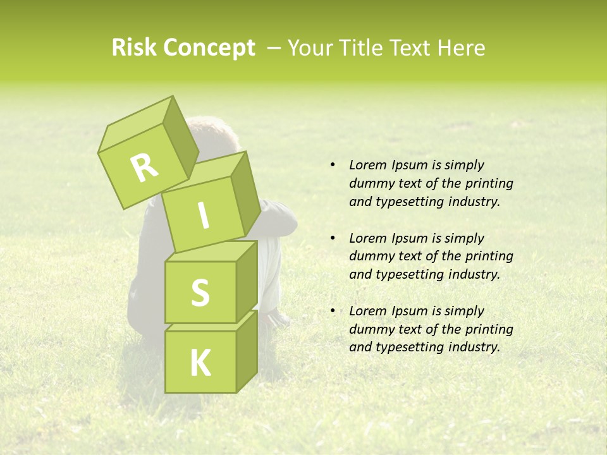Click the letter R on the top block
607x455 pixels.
[145, 167]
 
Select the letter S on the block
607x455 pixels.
[200, 293]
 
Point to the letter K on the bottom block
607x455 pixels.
[200, 363]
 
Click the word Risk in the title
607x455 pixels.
[134, 47]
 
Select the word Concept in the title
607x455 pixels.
[209, 48]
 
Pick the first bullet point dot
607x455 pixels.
[333, 166]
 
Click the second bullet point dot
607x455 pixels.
[333, 238]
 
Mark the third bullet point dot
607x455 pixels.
[333, 311]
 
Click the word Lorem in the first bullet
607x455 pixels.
[367, 165]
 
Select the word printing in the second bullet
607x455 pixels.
[489, 256]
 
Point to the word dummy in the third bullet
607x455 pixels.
[370, 329]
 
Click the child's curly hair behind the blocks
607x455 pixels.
[212, 133]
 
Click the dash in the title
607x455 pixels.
[274, 48]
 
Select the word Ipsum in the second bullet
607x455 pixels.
[410, 238]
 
